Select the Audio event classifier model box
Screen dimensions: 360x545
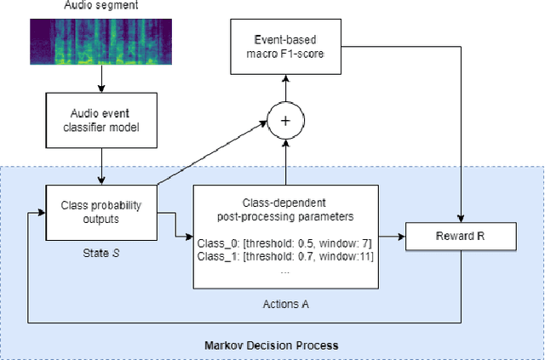click(101, 122)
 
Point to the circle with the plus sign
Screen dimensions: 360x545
click(286, 121)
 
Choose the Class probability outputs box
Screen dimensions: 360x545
click(101, 211)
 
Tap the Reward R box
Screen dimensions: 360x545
click(460, 233)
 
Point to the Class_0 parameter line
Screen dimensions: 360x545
click(285, 242)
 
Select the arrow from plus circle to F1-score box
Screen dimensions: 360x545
click(286, 86)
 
